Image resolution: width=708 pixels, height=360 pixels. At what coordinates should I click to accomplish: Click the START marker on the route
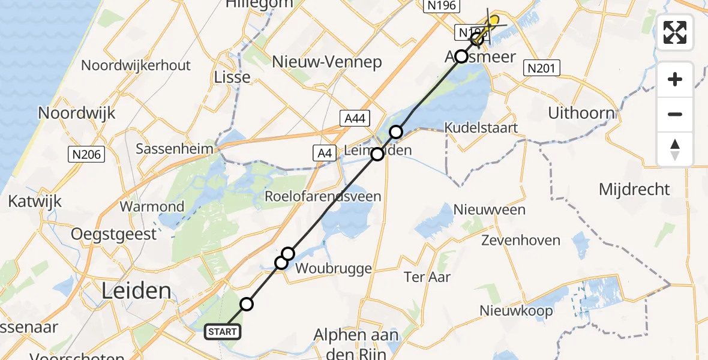pos(224,331)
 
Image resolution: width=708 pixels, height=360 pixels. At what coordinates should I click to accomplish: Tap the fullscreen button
pos(675,32)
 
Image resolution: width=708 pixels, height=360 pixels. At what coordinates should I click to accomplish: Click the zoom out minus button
pos(675,114)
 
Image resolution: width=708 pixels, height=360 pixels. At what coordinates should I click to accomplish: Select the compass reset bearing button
pos(675,149)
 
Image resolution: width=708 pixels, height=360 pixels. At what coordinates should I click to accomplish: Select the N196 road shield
pos(441,7)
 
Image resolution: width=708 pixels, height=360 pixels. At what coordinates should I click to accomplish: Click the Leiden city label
pos(136,292)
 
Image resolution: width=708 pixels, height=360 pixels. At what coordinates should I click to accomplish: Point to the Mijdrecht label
pos(634,190)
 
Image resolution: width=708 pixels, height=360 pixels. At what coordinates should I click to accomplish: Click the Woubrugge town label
pos(334,268)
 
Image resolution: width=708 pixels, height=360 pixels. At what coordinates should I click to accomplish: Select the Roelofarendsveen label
pos(323,196)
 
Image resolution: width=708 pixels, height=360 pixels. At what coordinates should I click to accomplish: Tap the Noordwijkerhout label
pos(136,65)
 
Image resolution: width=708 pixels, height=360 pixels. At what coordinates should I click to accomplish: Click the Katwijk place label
pos(35,201)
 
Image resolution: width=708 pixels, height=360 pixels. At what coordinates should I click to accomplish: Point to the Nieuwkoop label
pos(516,311)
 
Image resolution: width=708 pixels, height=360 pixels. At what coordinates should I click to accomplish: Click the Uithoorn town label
pos(581,113)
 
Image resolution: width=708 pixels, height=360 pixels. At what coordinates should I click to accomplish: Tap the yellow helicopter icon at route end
pos(493,22)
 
